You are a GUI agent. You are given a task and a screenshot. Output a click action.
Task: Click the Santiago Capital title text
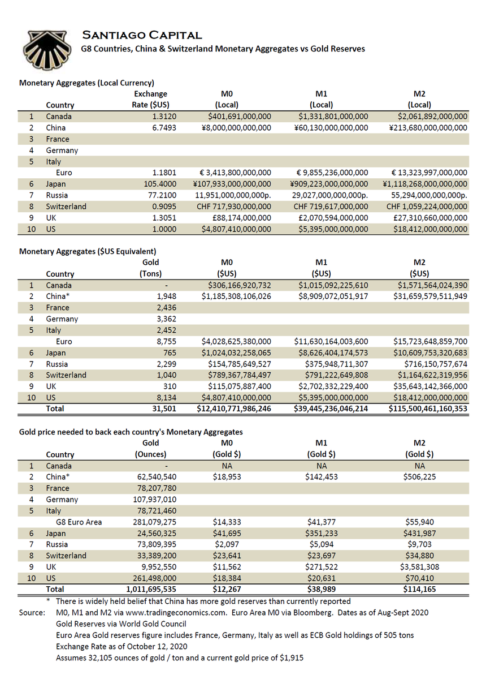coord(142,35)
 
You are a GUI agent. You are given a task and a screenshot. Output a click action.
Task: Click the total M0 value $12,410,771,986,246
coord(234,409)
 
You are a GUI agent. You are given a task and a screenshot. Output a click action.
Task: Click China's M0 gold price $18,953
coord(228,477)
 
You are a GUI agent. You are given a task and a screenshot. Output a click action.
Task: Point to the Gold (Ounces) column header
coord(151,449)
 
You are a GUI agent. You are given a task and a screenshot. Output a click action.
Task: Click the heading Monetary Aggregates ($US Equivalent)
coord(88,251)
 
